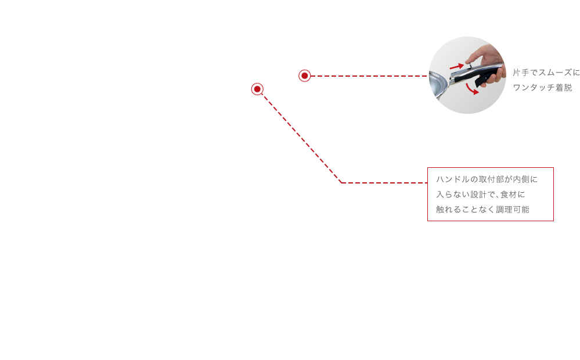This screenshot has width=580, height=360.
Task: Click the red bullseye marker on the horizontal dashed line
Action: tap(304, 76)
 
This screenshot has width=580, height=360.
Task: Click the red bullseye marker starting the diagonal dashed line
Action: tap(257, 89)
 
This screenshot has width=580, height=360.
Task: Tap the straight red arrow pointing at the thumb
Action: tap(457, 67)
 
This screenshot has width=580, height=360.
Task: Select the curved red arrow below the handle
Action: tap(472, 89)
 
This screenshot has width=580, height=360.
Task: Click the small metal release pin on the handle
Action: tap(469, 66)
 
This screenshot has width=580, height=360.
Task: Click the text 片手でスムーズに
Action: tap(546, 73)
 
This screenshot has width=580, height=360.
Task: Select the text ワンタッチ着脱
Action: tap(542, 88)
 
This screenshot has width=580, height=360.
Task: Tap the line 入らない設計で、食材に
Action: tap(481, 195)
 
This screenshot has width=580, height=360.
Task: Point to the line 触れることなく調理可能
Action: tap(482, 210)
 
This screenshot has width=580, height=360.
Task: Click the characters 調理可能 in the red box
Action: tap(513, 210)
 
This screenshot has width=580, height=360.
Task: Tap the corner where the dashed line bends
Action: tap(341, 183)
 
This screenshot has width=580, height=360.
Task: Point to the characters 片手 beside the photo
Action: tap(521, 73)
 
